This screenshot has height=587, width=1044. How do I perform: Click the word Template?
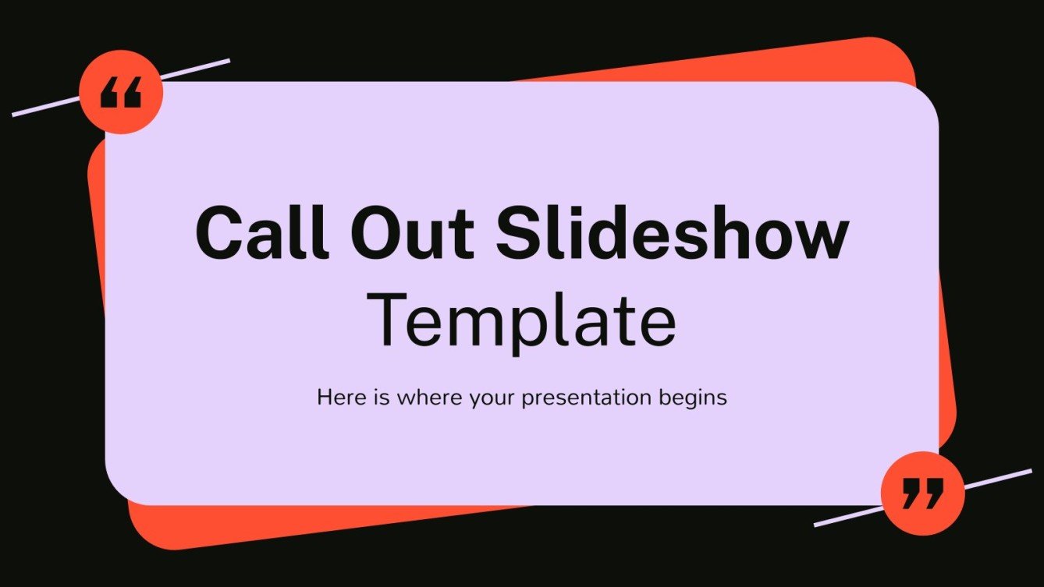(521, 320)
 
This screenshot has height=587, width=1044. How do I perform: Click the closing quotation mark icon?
(922, 493)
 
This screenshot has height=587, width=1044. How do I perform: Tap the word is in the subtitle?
(382, 398)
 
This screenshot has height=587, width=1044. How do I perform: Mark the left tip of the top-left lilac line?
(14, 115)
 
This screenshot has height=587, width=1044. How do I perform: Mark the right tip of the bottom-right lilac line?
(1030, 471)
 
